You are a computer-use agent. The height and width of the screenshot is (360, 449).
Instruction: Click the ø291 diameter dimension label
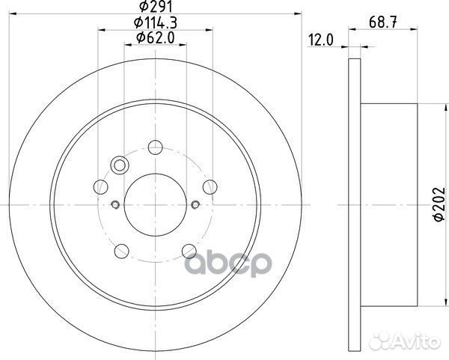coord(155,8)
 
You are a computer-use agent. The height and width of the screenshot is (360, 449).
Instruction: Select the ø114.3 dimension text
coord(155,22)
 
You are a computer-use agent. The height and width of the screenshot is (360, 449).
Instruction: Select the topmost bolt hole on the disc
coord(155,147)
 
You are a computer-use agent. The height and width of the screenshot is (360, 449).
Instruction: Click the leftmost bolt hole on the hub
coord(100,187)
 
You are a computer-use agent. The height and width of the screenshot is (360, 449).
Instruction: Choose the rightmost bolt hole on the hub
coord(210,187)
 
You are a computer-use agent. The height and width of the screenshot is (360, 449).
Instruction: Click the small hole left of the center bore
coord(115,205)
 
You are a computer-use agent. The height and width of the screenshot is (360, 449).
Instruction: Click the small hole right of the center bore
coord(195,205)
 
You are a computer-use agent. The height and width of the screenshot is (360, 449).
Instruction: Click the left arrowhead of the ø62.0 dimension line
coord(126,44)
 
